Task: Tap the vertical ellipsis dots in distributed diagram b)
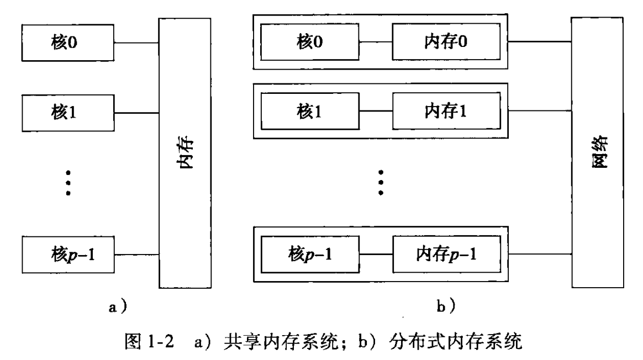click(381, 181)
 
